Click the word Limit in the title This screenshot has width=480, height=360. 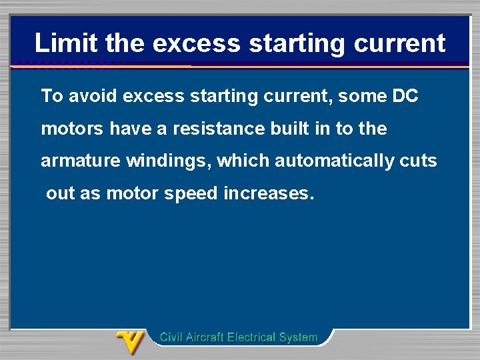pyautogui.click(x=63, y=43)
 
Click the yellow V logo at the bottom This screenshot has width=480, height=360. pyautogui.click(x=131, y=342)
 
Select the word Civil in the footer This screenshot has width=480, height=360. pyautogui.click(x=172, y=337)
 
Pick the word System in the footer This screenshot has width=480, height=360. pyautogui.click(x=299, y=337)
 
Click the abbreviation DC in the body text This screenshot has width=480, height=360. pyautogui.click(x=405, y=96)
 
